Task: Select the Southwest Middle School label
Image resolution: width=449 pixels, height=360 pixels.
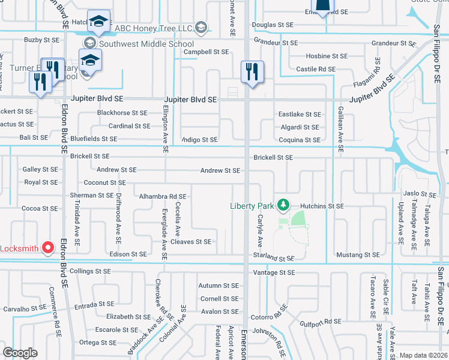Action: point(146,44)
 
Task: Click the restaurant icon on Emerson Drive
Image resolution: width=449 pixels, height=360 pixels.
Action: point(252,72)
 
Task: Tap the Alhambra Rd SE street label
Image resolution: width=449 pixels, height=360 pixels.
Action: point(163,196)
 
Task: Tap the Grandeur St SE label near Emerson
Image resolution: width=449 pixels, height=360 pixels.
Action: point(276,43)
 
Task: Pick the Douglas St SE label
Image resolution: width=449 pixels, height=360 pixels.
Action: point(273,25)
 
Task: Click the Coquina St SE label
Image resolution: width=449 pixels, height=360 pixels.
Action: point(300,140)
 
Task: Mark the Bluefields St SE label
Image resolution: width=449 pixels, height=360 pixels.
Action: point(94,139)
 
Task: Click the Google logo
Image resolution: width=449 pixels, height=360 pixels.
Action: point(20,352)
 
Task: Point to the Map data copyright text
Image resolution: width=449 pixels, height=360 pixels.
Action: point(423,355)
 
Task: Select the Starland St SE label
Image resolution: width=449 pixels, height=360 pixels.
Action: point(274,258)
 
